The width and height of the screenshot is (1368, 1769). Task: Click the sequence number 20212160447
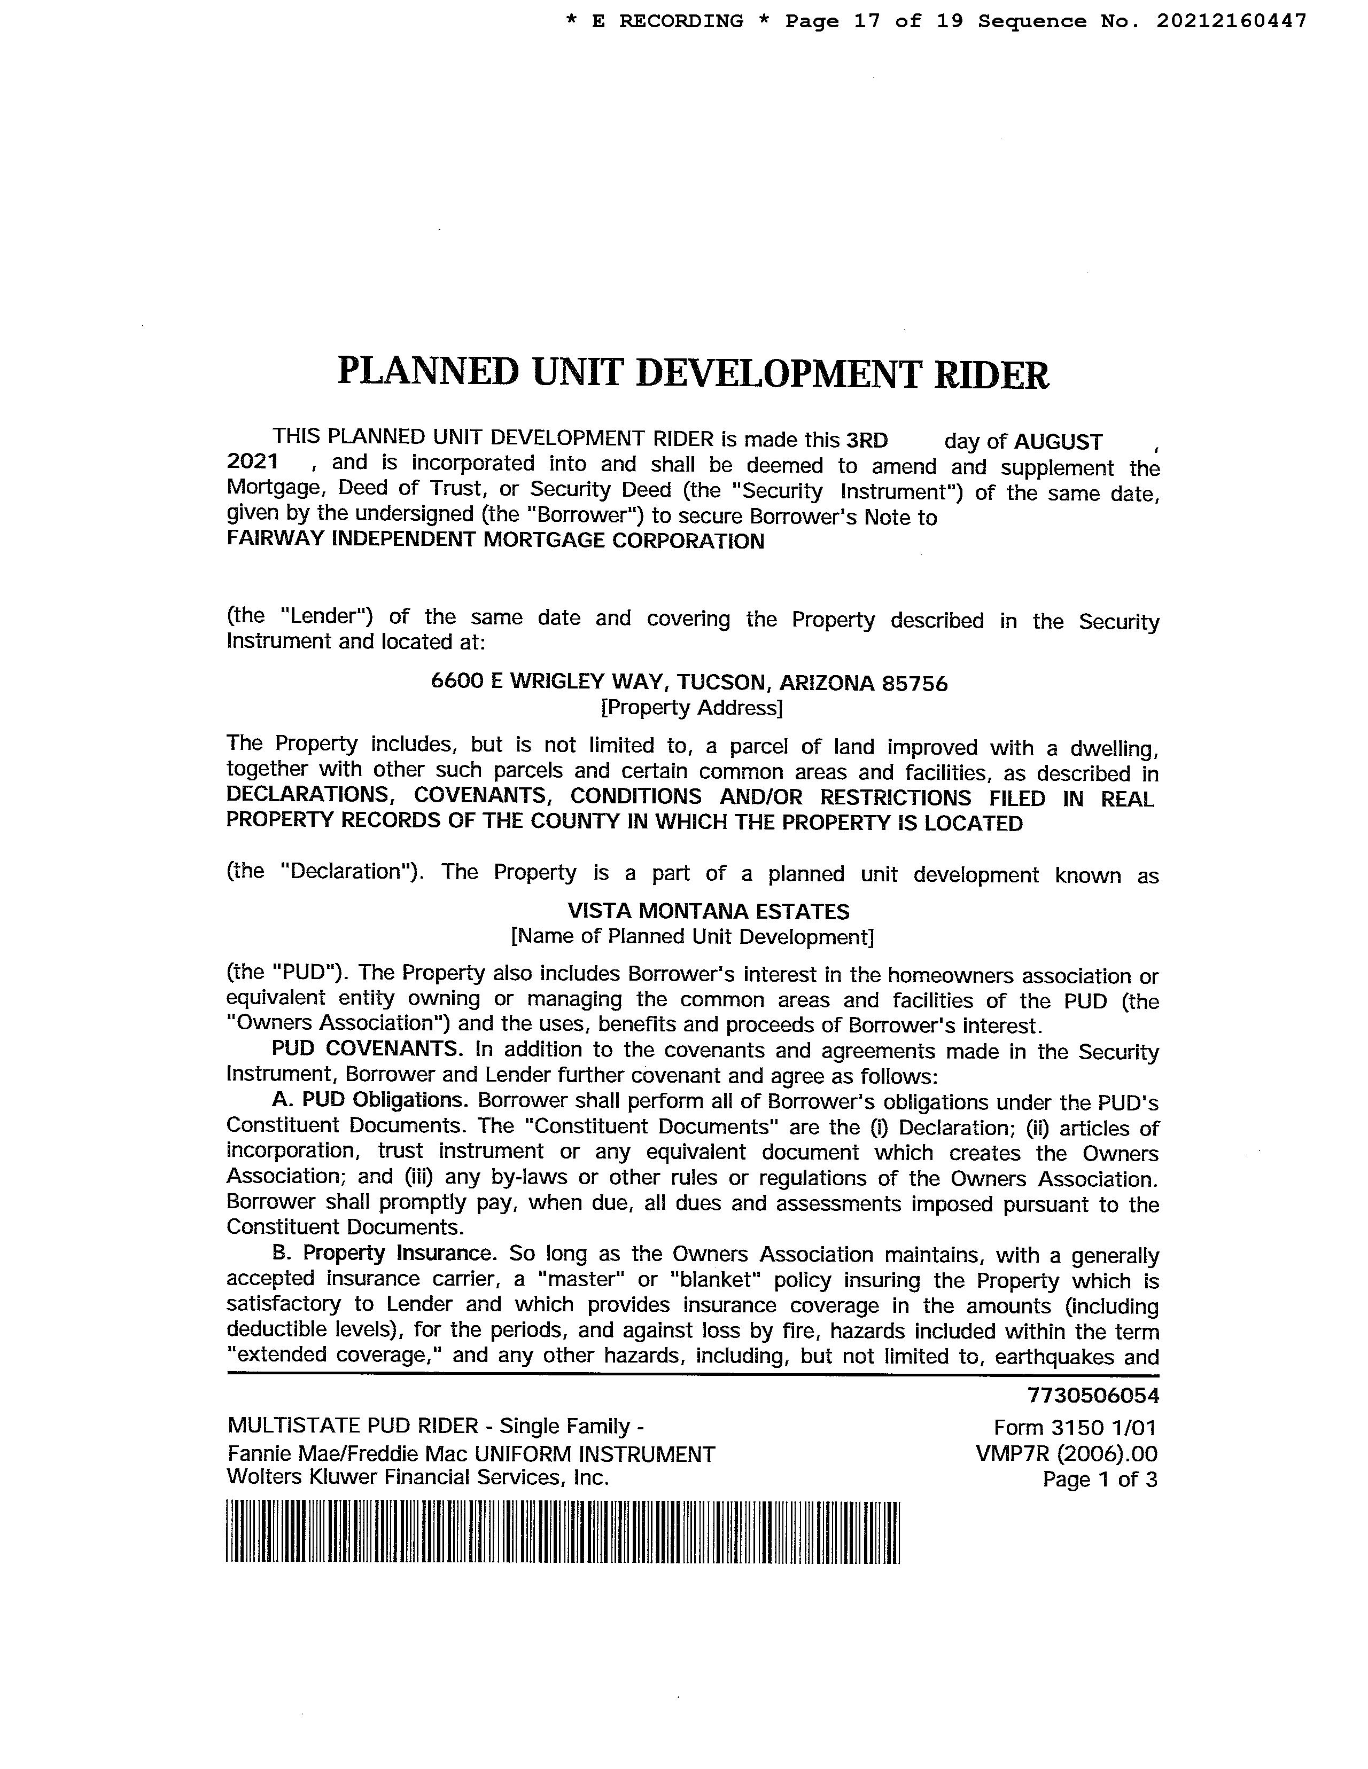(1231, 21)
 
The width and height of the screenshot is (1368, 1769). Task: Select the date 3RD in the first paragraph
(866, 441)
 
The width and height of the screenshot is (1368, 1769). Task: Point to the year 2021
(252, 463)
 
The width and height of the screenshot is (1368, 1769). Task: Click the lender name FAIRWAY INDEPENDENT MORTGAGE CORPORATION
(495, 541)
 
